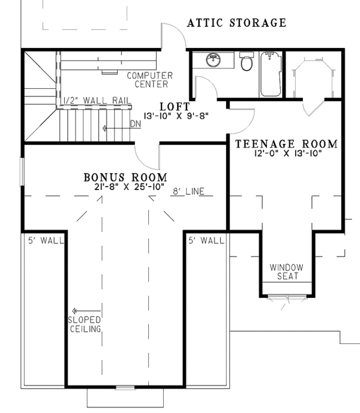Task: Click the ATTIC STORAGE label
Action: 236,23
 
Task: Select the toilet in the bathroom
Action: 245,62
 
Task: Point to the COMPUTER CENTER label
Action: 149,80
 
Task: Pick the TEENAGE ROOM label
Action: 286,144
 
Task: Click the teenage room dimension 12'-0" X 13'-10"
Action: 286,154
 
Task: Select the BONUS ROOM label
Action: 125,177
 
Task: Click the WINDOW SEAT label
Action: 286,272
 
